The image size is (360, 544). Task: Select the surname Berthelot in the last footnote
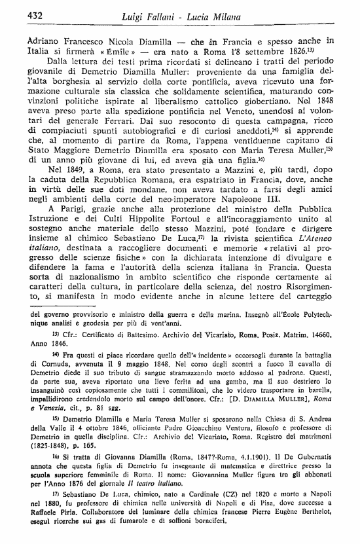[x=315, y=532]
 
